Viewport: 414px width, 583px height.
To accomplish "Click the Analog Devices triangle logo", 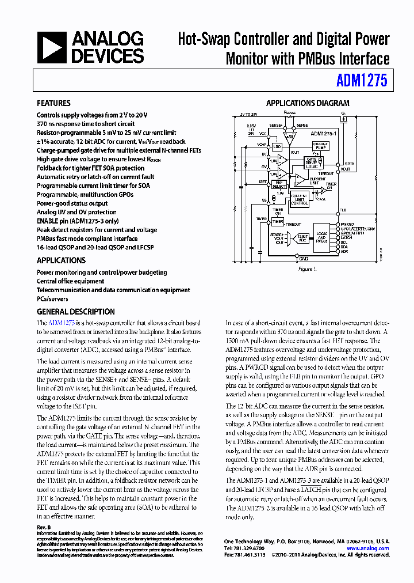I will coord(52,47).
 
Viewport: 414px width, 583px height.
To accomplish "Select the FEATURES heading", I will coord(53,103).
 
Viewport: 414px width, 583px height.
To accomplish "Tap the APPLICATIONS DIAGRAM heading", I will coord(307,103).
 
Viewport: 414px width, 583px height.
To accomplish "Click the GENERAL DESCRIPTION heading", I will coord(75,311).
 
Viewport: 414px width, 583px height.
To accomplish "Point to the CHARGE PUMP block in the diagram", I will coord(320,146).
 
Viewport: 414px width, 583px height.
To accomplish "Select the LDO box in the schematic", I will coord(277,147).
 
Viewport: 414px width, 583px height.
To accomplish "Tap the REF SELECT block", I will coord(279,184).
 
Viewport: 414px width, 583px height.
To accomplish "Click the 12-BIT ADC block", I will coord(302,238).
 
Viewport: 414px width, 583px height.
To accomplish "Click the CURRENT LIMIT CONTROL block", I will coord(300,199).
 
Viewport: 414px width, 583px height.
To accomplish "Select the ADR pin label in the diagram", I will coord(344,252).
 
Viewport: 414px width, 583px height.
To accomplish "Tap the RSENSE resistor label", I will coord(290,113).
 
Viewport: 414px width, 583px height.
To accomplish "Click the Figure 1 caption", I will coord(306,269).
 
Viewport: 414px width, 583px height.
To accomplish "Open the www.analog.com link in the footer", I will coord(370,548).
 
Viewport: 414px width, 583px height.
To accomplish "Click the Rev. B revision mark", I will coord(44,527).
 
